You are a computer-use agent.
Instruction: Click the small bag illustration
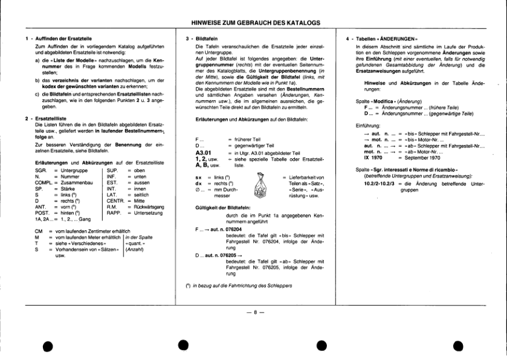coord(259,183)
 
